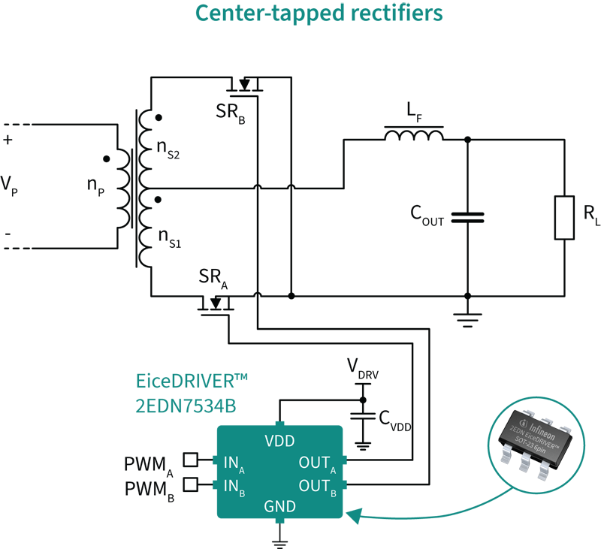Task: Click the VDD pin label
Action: point(279,442)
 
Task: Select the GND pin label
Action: point(279,507)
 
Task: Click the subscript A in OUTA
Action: point(332,469)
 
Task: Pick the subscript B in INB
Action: point(242,493)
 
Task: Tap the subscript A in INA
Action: point(242,469)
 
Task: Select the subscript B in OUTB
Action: point(332,493)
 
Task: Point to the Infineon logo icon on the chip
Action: point(523,421)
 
